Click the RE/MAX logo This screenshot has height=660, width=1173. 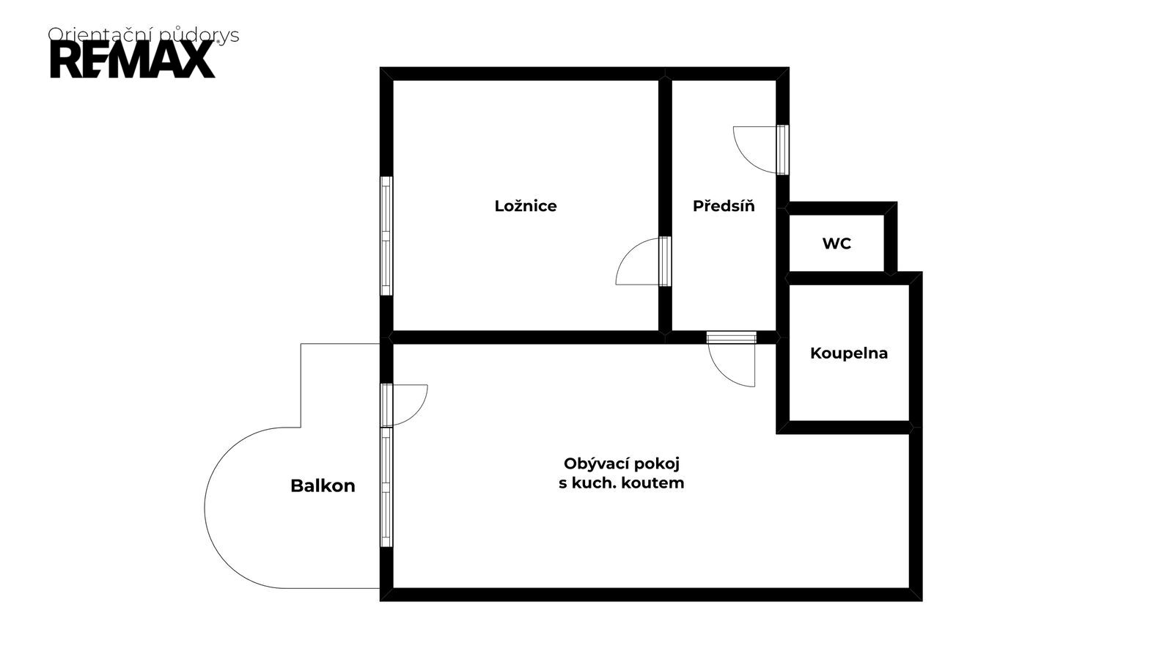pyautogui.click(x=133, y=59)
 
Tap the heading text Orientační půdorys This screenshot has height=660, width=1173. pyautogui.click(x=144, y=34)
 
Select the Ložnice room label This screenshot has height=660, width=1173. pyautogui.click(x=525, y=206)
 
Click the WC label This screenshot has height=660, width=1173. pyautogui.click(x=836, y=243)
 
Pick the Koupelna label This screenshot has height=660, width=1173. pyautogui.click(x=849, y=353)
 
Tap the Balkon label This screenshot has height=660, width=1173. pyautogui.click(x=323, y=486)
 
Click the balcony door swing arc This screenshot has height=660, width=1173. pyautogui.click(x=419, y=411)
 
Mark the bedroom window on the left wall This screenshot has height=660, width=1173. pyautogui.click(x=386, y=235)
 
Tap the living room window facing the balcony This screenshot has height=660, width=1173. pyautogui.click(x=386, y=487)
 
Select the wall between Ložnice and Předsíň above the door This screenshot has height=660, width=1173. pyautogui.click(x=665, y=157)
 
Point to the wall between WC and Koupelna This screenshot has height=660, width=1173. pyautogui.click(x=848, y=278)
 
